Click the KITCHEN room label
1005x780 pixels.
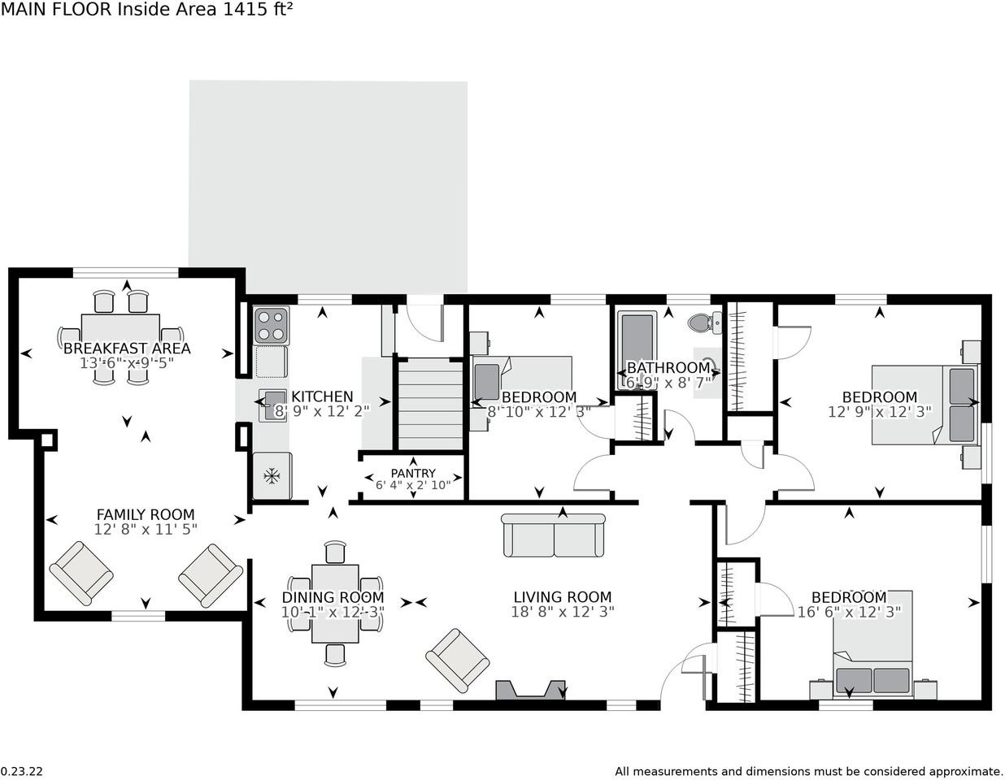coord(322,396)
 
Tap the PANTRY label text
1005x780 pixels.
coord(413,473)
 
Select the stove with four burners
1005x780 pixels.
coord(271,325)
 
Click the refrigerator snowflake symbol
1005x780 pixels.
coord(272,476)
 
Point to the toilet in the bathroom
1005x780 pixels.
coord(705,322)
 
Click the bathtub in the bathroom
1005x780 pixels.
coord(637,350)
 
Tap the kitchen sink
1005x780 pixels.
coord(272,405)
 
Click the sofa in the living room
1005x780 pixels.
coord(553,535)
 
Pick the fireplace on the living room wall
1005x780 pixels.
coord(530,690)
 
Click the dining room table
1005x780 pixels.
coord(335,604)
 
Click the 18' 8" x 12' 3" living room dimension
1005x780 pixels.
coord(563,612)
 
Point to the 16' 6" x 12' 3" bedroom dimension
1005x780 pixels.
coord(849,612)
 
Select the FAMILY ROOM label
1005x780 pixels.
coord(146,514)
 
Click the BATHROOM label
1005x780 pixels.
coord(668,368)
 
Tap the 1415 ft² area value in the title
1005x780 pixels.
coord(258,9)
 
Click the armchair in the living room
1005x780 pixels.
coord(457,661)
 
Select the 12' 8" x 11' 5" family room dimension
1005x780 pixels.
coord(146,530)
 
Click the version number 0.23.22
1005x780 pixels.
coord(22,771)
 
